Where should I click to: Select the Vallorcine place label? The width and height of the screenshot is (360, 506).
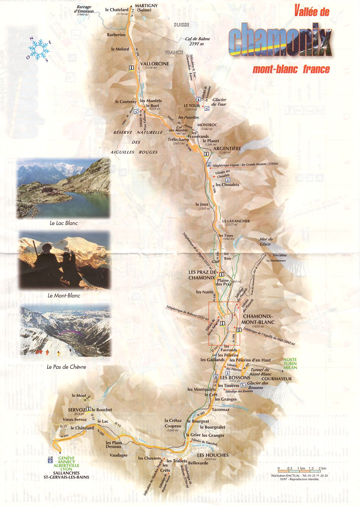pos(156,64)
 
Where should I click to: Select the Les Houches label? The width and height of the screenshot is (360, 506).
pos(210,456)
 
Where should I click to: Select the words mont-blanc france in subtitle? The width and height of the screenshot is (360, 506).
pos(291,70)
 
